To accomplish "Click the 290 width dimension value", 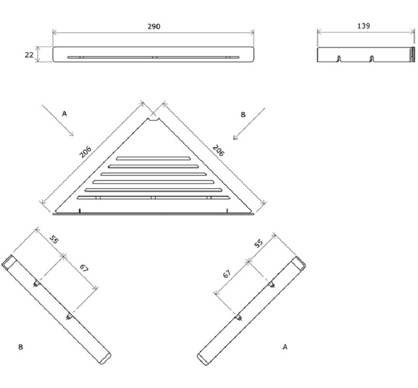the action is pos(154,26).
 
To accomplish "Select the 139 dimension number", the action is pos(363,26).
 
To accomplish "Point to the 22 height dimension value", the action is pos(29,55).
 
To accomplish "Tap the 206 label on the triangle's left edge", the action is pos(85,152).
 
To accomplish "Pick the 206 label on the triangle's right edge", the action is pos(218,150).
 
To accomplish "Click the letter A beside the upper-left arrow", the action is pos(64,113).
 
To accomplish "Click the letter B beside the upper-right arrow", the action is pos(243,114).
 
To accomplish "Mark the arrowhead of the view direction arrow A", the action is pos(71,134).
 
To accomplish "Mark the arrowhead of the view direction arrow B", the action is pos(235,137).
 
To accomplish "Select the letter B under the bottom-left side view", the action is pos(20,347).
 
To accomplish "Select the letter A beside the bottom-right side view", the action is pos(285,347).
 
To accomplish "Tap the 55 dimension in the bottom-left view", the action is pos(54,240).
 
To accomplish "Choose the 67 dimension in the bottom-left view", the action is pos(84,268).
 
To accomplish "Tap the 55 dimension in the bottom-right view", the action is pos(258,243).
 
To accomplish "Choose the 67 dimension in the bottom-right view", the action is pos(227,274).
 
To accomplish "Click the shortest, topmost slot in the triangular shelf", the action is pos(153,159).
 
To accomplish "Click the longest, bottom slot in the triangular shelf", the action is pos(153,197).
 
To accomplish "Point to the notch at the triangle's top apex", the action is pos(153,120).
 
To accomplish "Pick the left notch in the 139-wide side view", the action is pos(339,59).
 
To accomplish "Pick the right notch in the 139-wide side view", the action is pos(371,59).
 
